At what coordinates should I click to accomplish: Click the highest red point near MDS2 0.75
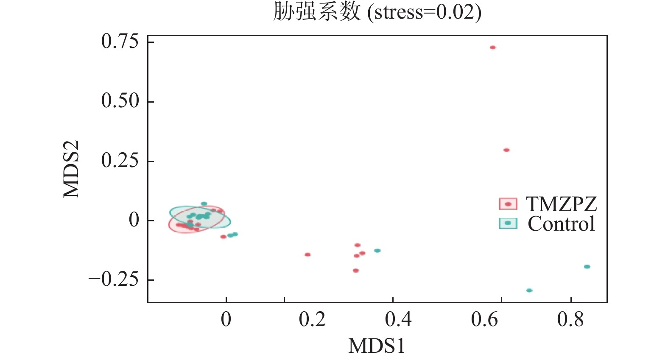(x=492, y=47)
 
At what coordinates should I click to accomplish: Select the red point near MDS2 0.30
(x=506, y=150)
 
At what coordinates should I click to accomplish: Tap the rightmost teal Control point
(x=587, y=267)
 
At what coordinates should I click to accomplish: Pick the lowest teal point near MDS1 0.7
(x=529, y=290)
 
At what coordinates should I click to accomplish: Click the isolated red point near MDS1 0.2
(x=307, y=255)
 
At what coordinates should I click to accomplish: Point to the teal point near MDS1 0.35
(x=377, y=251)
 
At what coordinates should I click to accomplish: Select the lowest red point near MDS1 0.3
(x=355, y=271)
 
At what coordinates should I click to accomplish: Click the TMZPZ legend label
(x=561, y=204)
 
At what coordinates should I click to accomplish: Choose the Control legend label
(x=561, y=224)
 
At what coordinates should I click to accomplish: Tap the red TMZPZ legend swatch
(x=508, y=204)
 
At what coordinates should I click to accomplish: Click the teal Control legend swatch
(x=508, y=223)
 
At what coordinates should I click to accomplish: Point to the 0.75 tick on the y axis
(x=120, y=42)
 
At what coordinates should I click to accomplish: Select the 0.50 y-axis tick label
(x=120, y=101)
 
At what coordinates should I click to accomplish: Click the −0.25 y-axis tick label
(x=114, y=280)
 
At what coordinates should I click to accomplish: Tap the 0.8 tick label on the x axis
(x=570, y=319)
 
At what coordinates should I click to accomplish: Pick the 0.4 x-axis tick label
(x=398, y=319)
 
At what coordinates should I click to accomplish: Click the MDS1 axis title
(x=377, y=346)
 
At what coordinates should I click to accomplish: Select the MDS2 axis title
(x=71, y=169)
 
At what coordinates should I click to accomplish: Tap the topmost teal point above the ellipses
(x=204, y=204)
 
